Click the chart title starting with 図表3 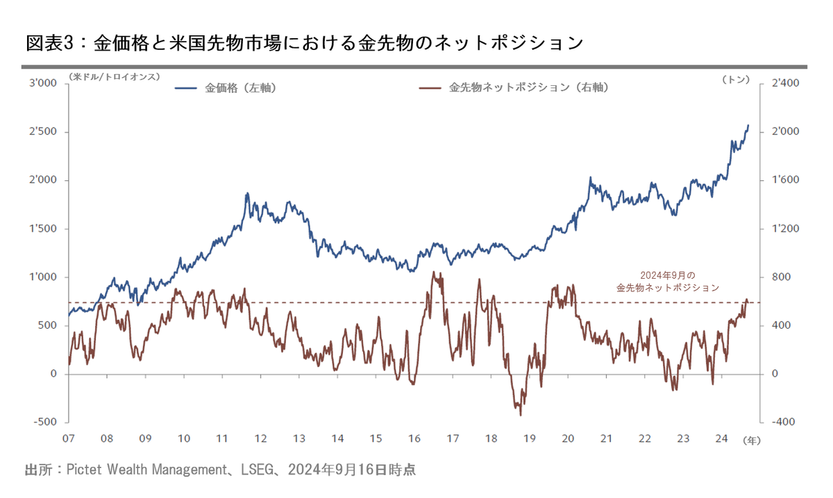coord(303,43)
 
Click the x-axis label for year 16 coord(413,438)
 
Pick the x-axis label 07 coord(68,438)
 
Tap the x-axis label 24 coord(721,438)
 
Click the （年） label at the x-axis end coord(751,440)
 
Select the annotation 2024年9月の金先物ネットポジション coord(668,281)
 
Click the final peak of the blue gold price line coord(748,126)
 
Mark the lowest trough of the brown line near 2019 coord(520,414)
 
